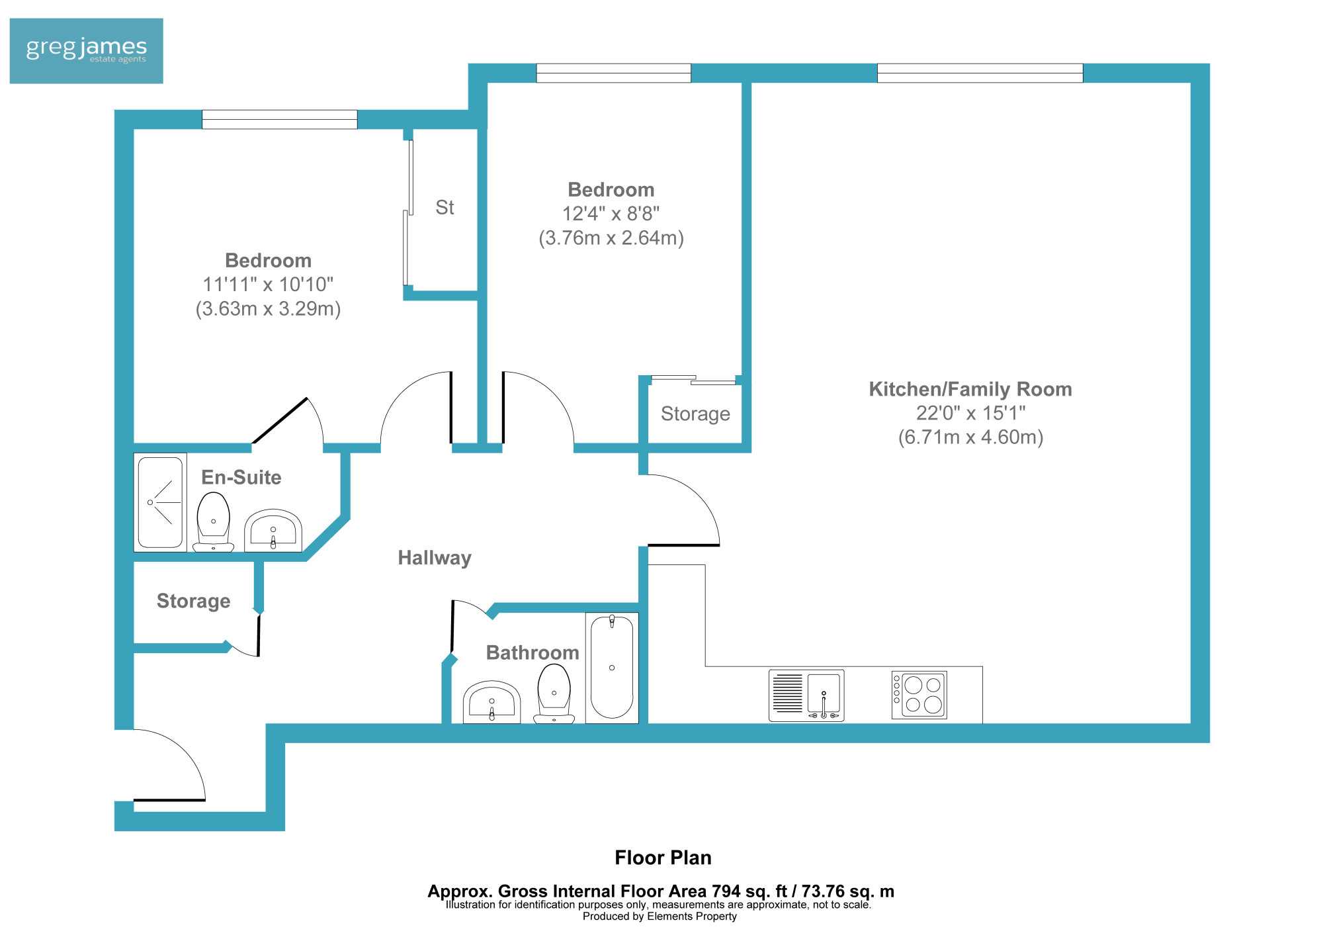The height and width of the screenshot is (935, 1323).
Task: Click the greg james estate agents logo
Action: [x=86, y=51]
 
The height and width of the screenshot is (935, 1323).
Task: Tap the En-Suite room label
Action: [x=241, y=477]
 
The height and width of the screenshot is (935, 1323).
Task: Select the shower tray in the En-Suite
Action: [x=160, y=502]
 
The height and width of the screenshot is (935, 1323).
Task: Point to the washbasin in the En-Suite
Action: [x=273, y=530]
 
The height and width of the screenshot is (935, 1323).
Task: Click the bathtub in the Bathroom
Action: [x=612, y=668]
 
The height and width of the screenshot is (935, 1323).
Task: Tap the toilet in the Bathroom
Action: [x=554, y=693]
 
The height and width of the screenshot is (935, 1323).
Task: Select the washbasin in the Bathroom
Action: [x=491, y=702]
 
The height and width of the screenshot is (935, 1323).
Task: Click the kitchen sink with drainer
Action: [x=806, y=695]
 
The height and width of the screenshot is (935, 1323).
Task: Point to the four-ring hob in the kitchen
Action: [x=919, y=695]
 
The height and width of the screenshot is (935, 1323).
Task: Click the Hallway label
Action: [x=435, y=558]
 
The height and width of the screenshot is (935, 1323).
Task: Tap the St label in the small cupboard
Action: [x=445, y=208]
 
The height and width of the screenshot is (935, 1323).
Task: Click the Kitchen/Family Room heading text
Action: [x=970, y=389]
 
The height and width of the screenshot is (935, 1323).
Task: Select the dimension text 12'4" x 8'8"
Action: [x=611, y=214]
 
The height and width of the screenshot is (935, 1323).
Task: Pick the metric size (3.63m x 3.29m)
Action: [x=268, y=309]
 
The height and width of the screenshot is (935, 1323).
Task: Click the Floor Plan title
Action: [x=663, y=858]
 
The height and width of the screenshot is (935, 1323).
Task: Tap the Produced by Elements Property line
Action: [x=660, y=916]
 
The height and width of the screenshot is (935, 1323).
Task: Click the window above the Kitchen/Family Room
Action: [x=980, y=73]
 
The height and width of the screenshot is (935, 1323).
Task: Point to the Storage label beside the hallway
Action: [x=193, y=601]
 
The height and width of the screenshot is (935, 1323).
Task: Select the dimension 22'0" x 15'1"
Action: [x=970, y=413]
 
